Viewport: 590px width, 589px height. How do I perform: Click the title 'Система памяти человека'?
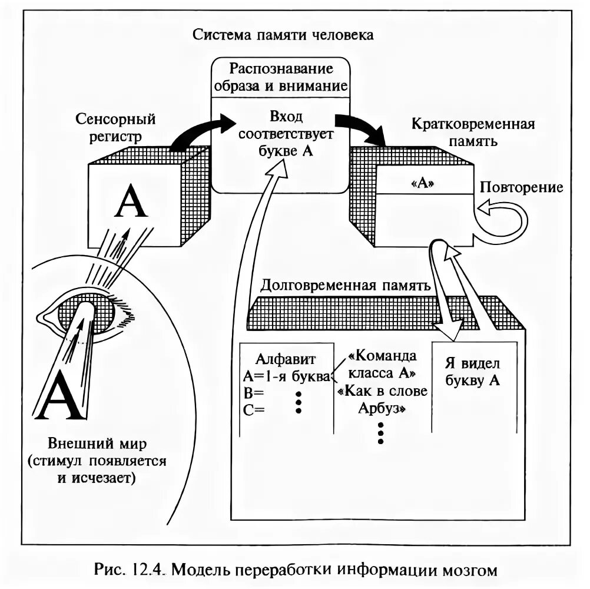pos(283,35)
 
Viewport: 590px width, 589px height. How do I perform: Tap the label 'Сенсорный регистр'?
pos(115,128)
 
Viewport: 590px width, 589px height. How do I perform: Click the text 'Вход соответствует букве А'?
pos(286,134)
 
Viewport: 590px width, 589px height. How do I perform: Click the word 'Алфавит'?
pos(287,359)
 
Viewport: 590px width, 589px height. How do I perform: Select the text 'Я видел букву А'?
pos(473,373)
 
